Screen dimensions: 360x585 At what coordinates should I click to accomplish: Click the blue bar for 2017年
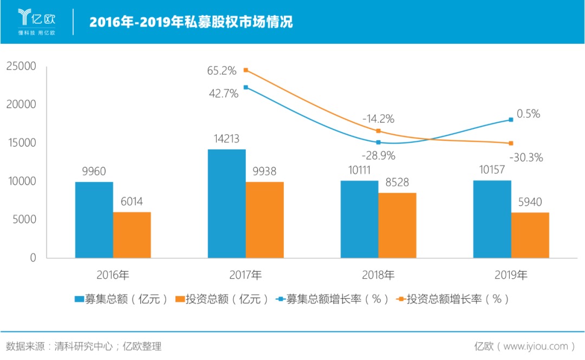point(226,204)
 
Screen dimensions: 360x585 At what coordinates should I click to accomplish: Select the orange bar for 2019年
point(530,235)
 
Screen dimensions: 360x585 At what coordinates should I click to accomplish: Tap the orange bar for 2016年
point(132,235)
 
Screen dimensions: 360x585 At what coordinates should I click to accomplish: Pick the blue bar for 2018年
point(359,219)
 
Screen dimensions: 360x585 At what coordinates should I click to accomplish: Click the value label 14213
point(226,139)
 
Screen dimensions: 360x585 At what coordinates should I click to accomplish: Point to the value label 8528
point(397,182)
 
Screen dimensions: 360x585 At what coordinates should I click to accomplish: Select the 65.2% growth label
point(222,70)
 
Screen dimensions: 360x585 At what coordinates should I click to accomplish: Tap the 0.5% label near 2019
point(528,114)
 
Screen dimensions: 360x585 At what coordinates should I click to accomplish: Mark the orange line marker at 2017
point(245,70)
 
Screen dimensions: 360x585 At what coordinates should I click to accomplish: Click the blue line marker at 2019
point(511,120)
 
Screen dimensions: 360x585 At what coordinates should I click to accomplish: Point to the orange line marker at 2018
point(378,131)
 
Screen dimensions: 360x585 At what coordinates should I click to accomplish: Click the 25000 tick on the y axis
point(21,66)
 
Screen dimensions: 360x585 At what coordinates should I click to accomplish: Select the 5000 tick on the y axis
point(24,220)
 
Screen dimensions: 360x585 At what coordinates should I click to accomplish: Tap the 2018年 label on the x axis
point(378,275)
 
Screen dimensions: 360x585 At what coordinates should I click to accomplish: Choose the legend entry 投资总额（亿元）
point(223,299)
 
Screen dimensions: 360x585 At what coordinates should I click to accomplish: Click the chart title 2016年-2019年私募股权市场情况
point(191,22)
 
